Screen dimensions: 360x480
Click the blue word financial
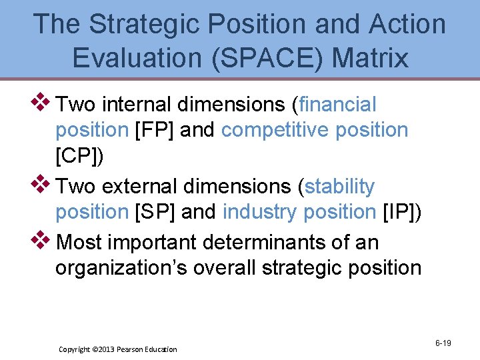338,105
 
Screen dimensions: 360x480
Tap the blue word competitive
275,130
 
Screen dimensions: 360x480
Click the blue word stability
339,187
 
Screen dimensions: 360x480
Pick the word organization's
118,268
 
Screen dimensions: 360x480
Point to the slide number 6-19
443,343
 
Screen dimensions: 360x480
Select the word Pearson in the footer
136,349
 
